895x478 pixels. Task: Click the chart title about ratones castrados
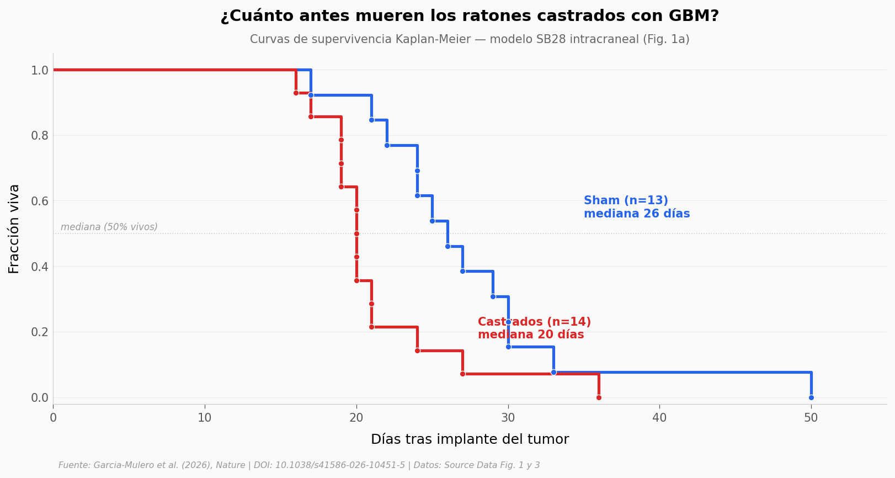point(470,16)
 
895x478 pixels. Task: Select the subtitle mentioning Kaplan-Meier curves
point(470,39)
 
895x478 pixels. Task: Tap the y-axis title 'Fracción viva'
point(14,229)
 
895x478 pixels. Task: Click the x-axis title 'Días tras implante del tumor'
point(470,439)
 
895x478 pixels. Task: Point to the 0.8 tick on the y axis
point(40,136)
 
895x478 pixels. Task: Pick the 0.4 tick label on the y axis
point(40,267)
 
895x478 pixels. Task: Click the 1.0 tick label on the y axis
point(40,70)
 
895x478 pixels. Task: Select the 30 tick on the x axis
point(508,418)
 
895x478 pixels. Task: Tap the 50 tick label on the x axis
point(811,418)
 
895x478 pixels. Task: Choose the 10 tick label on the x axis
point(205,418)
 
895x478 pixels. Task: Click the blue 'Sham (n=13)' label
point(626,200)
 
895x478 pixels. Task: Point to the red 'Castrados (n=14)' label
point(534,322)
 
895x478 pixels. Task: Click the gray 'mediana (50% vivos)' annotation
point(109,227)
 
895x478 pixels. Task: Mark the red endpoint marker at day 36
point(599,397)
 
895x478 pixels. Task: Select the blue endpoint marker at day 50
point(811,397)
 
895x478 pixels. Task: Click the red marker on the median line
point(356,234)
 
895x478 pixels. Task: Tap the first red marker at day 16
point(296,93)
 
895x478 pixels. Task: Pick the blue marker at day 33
point(554,373)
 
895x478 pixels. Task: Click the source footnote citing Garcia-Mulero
point(299,465)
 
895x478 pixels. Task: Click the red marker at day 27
point(463,374)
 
